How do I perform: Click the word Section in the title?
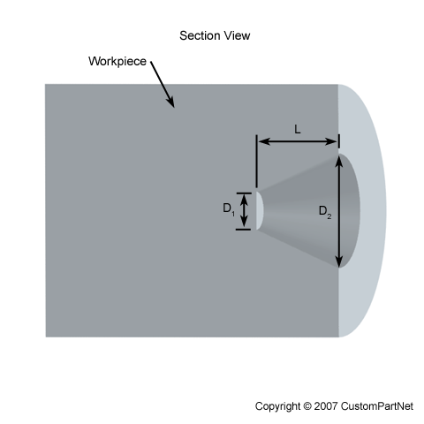200,35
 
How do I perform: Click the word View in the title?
237,35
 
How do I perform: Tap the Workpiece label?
117,61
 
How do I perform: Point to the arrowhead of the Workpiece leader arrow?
170,102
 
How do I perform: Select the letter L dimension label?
298,129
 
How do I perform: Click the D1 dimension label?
229,208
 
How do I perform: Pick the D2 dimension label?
325,211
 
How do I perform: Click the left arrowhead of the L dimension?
264,141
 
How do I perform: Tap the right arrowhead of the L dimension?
331,141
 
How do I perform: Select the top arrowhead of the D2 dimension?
339,161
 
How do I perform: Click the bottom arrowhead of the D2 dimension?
339,261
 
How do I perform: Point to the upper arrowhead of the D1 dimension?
244,200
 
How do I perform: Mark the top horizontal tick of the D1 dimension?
244,193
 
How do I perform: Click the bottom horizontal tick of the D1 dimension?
243,229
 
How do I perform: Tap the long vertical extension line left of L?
257,162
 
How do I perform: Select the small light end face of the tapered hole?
259,211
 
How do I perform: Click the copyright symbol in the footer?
307,406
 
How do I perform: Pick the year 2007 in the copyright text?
326,406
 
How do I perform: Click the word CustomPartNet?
377,406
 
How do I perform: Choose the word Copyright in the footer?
277,406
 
